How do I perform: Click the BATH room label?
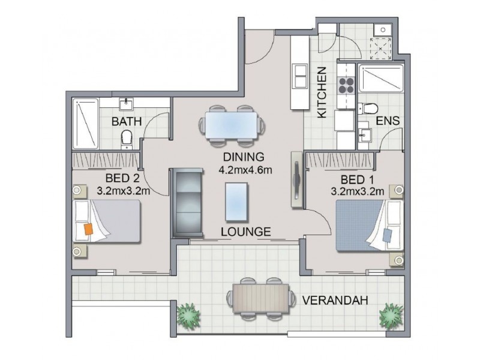coord(127,122)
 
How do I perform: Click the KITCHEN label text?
coord(322,92)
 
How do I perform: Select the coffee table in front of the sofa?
coord(235,202)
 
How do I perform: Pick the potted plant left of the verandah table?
coord(188,314)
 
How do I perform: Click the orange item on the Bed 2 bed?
coord(88,229)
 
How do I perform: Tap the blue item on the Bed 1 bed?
coord(386,234)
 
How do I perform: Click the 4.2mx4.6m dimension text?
coord(246,169)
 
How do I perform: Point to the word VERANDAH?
coord(335,301)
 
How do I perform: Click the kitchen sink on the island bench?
coord(298,75)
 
